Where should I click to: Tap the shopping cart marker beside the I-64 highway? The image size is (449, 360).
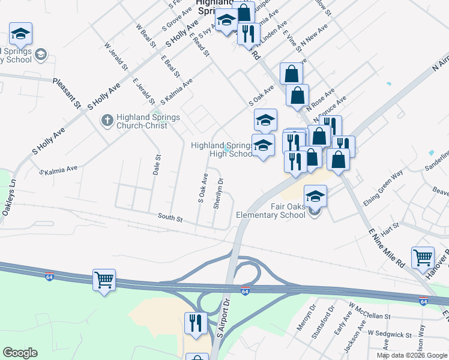(x=104, y=280)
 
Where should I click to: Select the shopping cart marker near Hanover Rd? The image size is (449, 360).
(x=423, y=258)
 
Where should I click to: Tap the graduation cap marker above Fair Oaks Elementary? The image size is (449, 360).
(x=316, y=196)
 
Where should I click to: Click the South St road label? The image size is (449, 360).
(x=170, y=217)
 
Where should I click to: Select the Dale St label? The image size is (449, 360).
(x=157, y=165)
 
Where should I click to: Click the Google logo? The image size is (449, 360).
(x=20, y=353)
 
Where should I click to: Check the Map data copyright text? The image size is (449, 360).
(x=412, y=355)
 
